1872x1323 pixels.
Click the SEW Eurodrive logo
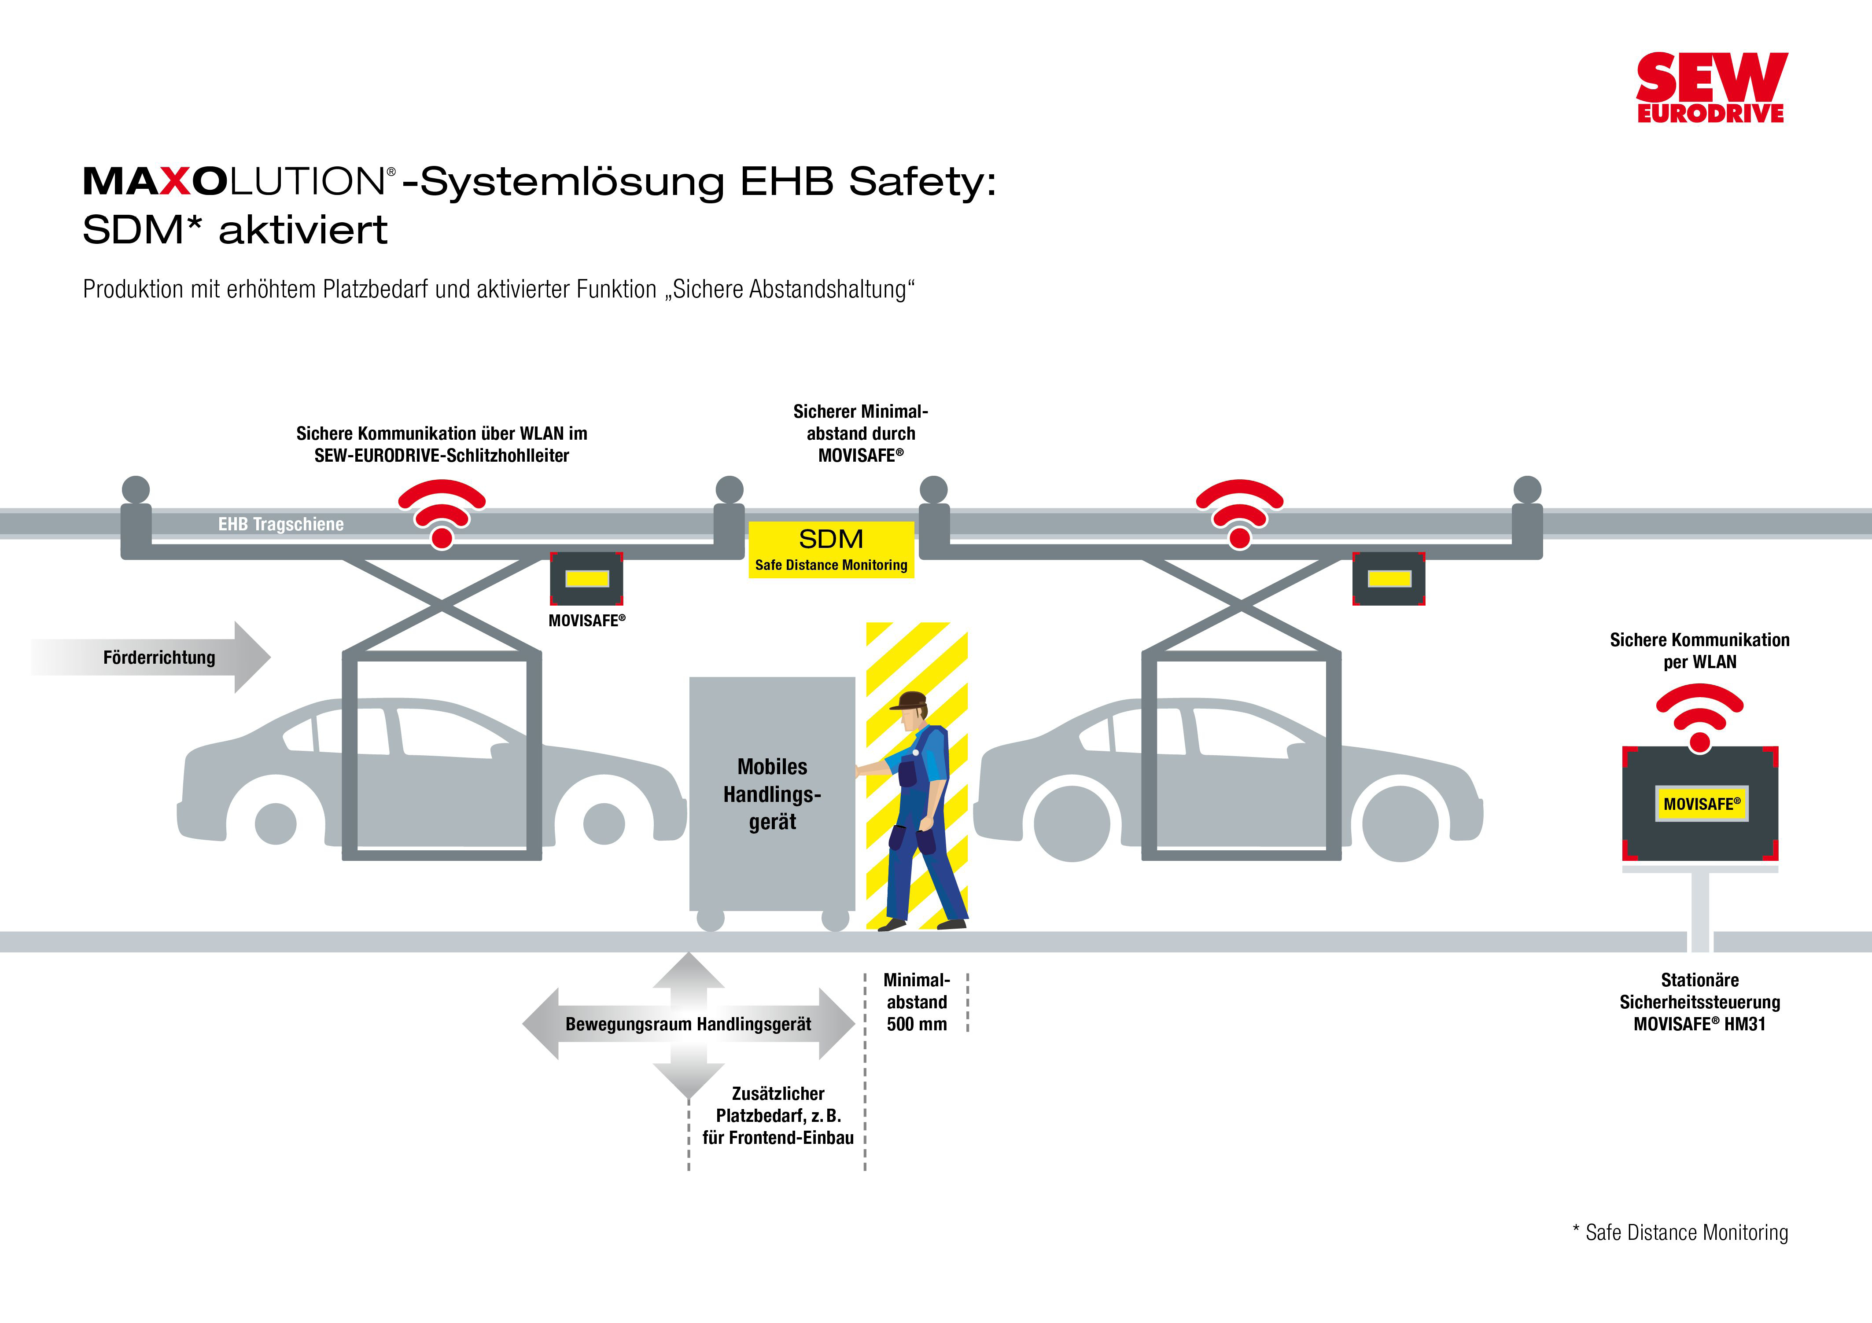point(1710,88)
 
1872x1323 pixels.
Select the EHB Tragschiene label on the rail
point(280,524)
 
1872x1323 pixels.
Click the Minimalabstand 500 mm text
point(917,1002)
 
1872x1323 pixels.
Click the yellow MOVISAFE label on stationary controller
point(1701,804)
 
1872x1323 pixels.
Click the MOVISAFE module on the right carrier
point(1389,579)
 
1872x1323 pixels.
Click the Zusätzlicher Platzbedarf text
point(778,1115)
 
